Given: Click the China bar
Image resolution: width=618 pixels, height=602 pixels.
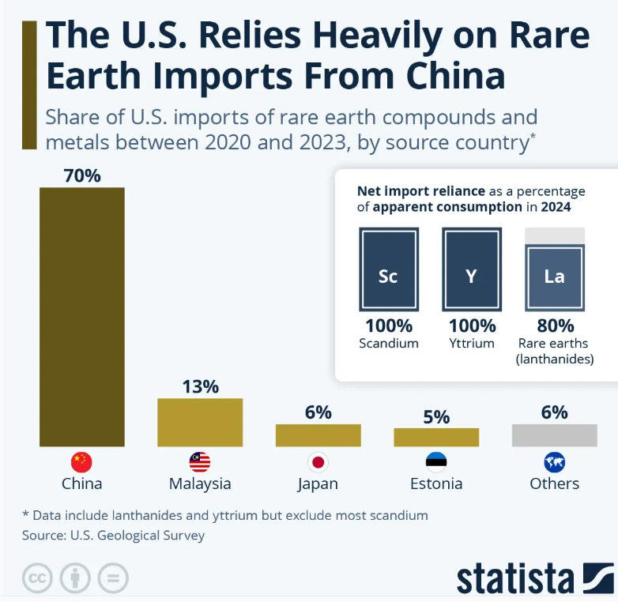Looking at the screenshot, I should [82, 316].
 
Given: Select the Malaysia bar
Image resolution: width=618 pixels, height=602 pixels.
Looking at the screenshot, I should [200, 422].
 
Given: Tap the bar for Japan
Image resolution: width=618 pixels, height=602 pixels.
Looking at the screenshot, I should [318, 435].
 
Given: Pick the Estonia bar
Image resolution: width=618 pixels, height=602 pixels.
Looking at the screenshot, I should [436, 437].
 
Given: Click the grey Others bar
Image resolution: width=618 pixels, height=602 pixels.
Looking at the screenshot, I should [554, 435].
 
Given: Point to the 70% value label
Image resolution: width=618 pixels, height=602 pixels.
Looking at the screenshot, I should [82, 175].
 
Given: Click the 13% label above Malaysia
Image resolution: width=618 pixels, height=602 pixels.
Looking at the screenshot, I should [200, 386].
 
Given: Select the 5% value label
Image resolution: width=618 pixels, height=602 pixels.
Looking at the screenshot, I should [436, 416].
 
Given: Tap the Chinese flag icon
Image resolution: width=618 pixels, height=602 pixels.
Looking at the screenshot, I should [81, 462].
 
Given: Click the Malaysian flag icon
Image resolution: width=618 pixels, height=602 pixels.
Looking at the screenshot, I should [200, 462].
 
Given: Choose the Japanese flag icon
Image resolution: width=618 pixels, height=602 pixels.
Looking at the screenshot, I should [318, 462].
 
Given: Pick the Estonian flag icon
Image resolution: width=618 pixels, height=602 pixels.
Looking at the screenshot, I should [436, 462].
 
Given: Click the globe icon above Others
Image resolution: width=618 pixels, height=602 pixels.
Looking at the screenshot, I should [555, 462].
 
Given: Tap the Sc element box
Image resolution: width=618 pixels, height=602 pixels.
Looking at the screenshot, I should [388, 269].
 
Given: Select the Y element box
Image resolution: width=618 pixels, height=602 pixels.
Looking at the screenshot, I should [471, 269].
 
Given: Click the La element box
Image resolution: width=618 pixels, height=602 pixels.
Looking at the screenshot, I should [555, 277].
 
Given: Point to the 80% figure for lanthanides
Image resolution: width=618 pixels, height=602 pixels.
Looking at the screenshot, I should [555, 325].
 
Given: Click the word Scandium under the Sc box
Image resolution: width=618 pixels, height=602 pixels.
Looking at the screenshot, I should [388, 344].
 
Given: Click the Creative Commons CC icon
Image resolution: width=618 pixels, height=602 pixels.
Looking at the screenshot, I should [36, 578].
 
